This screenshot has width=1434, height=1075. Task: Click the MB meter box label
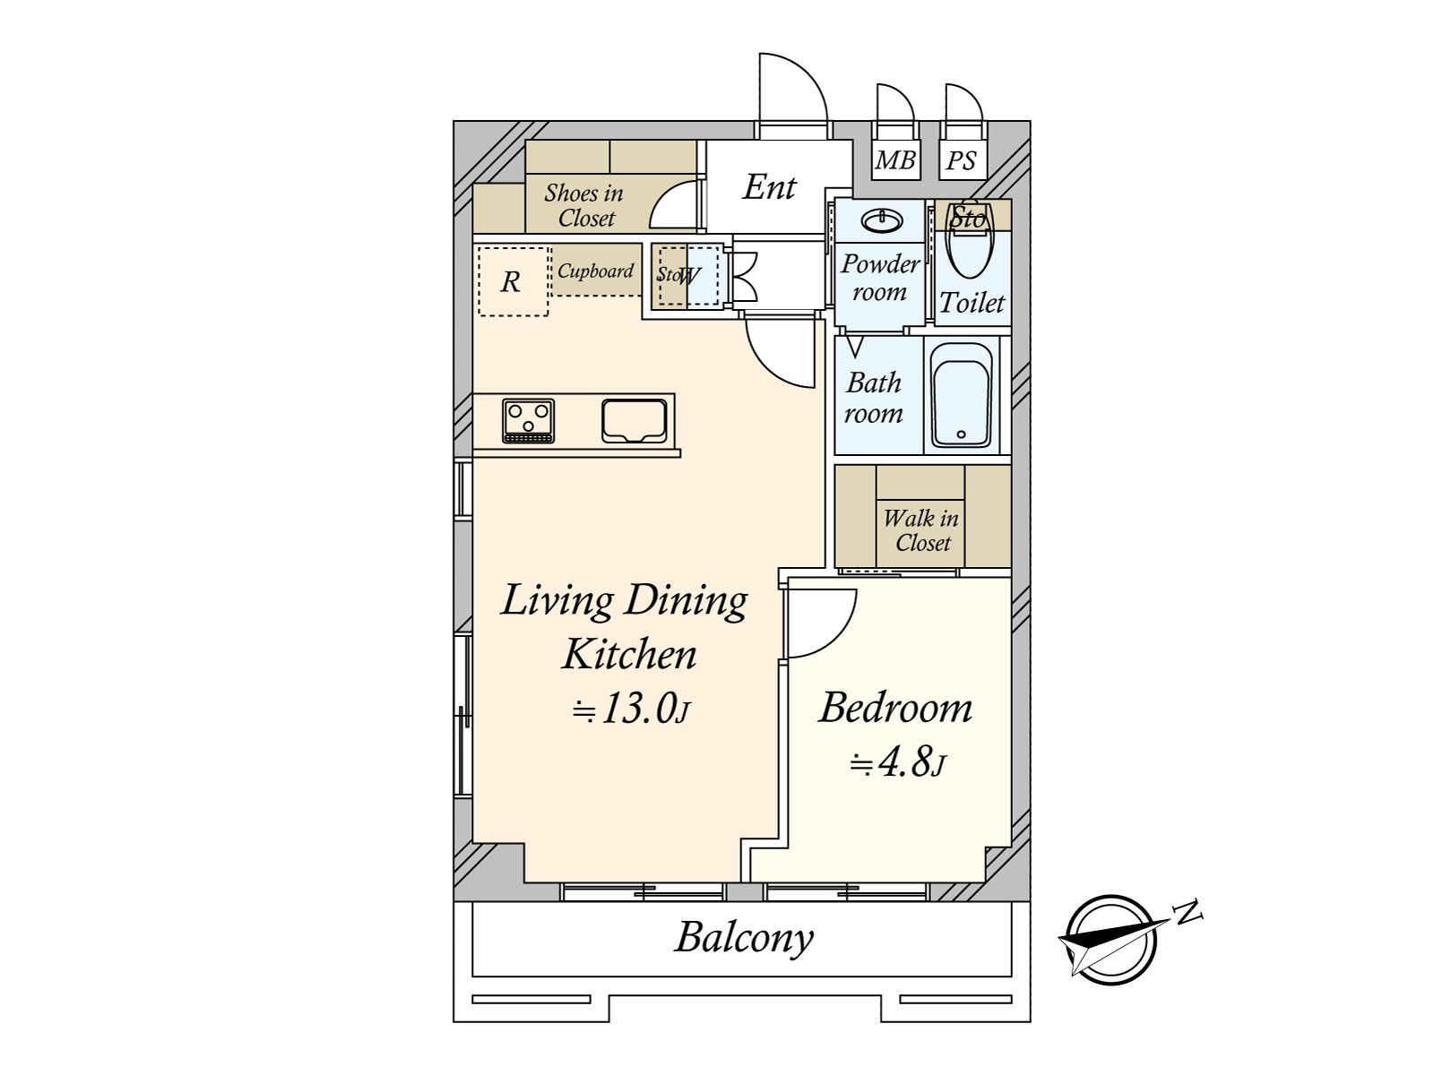[x=894, y=159]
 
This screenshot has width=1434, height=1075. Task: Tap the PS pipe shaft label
[x=961, y=160]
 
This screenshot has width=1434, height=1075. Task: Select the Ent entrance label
[x=770, y=187]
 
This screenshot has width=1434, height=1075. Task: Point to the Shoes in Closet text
[x=584, y=206]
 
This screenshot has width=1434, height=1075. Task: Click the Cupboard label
[x=595, y=271]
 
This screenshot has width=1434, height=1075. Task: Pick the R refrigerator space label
[x=510, y=282]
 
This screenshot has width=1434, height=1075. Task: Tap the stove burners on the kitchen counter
[x=529, y=421]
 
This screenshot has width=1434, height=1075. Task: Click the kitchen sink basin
[x=635, y=421]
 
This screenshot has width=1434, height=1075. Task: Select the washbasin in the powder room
[x=882, y=221]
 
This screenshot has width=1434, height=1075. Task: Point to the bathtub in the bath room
[x=963, y=396]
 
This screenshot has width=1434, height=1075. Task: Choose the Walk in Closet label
[x=921, y=530]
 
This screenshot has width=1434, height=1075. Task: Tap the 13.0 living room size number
[x=637, y=709]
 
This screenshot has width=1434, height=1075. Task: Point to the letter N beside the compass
[x=1189, y=912]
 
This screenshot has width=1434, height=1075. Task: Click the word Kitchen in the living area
[x=629, y=655]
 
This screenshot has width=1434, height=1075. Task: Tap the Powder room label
[x=880, y=278]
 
